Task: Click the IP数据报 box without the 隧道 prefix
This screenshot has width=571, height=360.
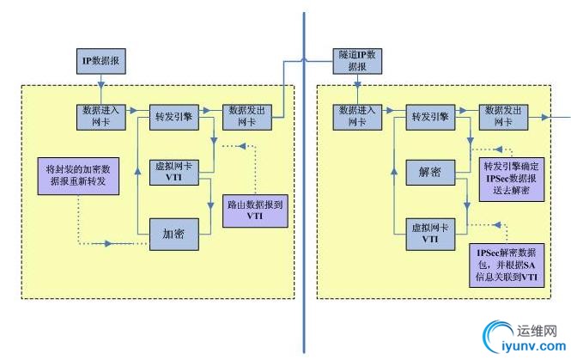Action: [101, 62]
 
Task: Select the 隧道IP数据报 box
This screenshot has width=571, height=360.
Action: [354, 60]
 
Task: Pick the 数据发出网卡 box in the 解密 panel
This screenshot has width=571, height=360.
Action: [501, 116]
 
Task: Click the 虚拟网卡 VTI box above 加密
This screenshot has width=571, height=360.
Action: [175, 170]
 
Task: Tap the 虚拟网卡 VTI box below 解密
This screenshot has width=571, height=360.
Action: [429, 234]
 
